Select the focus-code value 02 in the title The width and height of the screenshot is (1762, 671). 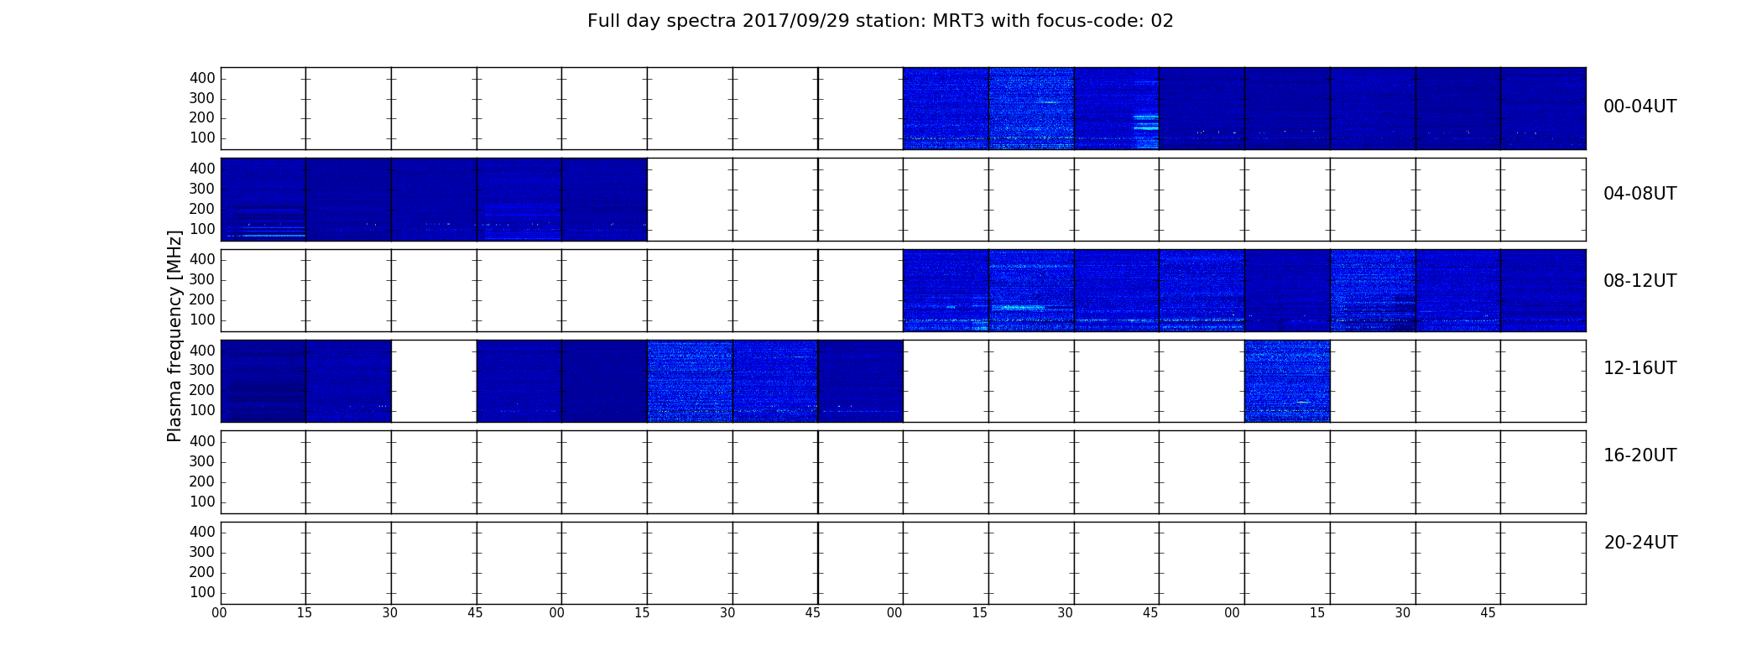[x=1162, y=21]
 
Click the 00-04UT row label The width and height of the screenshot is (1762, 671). [x=1640, y=107]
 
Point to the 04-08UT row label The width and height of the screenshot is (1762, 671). [x=1640, y=194]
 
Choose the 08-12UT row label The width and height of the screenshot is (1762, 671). [x=1640, y=281]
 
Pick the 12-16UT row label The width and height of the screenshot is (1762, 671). [x=1640, y=368]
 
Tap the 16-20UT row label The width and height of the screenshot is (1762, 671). [x=1640, y=455]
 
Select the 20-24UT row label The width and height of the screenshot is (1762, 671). [x=1640, y=543]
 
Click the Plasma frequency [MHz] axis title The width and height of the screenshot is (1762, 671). [x=175, y=335]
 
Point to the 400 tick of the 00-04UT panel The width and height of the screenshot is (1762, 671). [x=202, y=78]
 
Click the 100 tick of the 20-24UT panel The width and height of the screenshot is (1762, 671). [x=202, y=592]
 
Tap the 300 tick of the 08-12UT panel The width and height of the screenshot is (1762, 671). [x=202, y=279]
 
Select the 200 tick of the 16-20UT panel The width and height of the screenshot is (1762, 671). [x=202, y=481]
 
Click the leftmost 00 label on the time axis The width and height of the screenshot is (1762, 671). [x=219, y=613]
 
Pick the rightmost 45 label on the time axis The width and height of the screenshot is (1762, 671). [x=1488, y=613]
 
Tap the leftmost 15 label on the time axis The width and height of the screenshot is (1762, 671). [x=305, y=613]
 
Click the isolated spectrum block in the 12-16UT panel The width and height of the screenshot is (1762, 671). [x=1287, y=381]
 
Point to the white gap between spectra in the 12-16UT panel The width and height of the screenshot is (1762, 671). [x=434, y=381]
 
